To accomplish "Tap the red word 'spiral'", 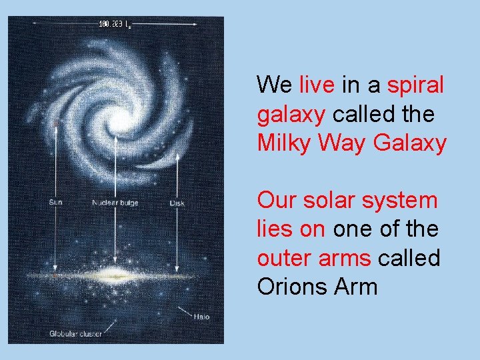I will (415, 85).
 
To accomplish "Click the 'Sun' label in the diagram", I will (57, 202).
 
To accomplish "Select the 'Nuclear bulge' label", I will (115, 202).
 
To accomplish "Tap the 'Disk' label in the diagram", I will (177, 202).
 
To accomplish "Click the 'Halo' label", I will (201, 316).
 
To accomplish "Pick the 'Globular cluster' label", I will (75, 333).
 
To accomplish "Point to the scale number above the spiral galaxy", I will (114, 25).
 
